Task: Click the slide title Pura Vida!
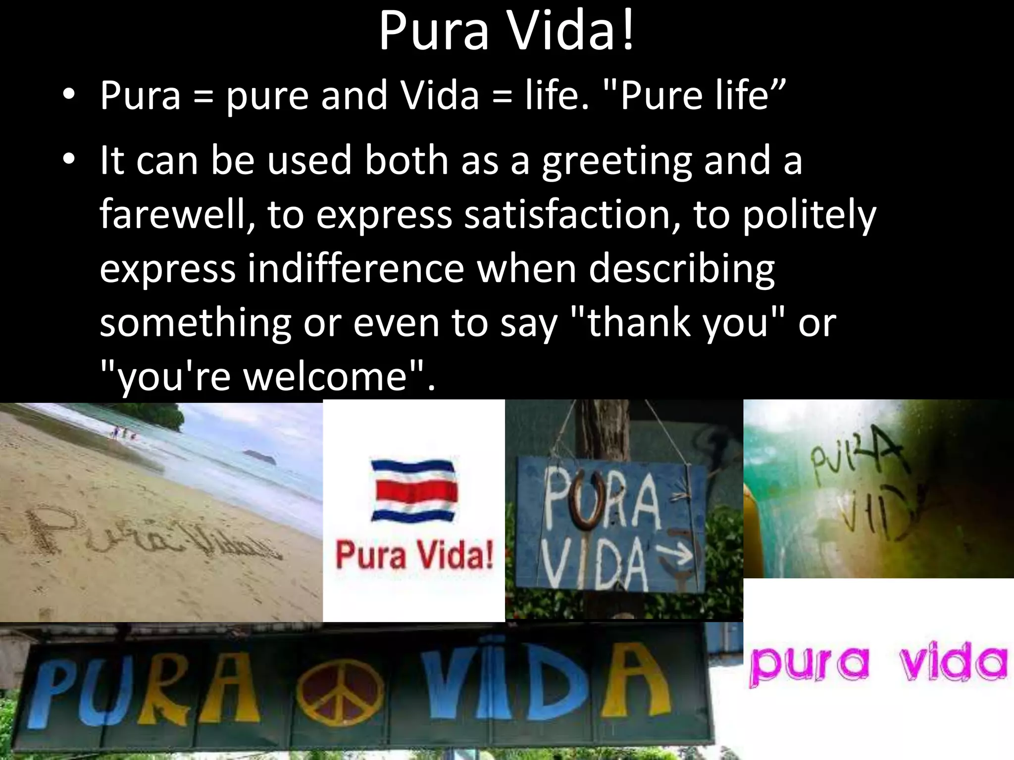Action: coord(506,31)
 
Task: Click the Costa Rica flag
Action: coord(414,490)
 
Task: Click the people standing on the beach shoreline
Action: coord(123,434)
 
